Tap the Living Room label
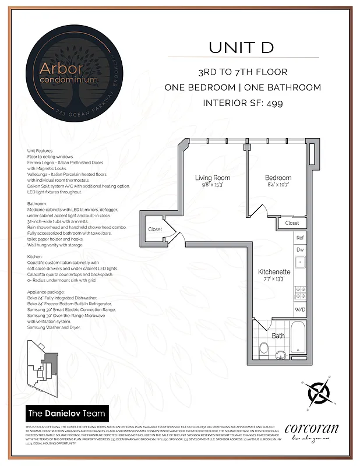tap(212, 178)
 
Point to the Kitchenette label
tap(274, 271)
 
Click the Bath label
tap(278, 336)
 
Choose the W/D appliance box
tap(300, 309)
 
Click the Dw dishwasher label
tap(300, 249)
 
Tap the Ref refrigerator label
tap(300, 238)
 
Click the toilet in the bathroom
tap(264, 348)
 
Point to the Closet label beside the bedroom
tap(292, 223)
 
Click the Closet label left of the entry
tap(155, 230)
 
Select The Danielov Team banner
tap(67, 414)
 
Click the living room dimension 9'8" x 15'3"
tap(212, 185)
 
